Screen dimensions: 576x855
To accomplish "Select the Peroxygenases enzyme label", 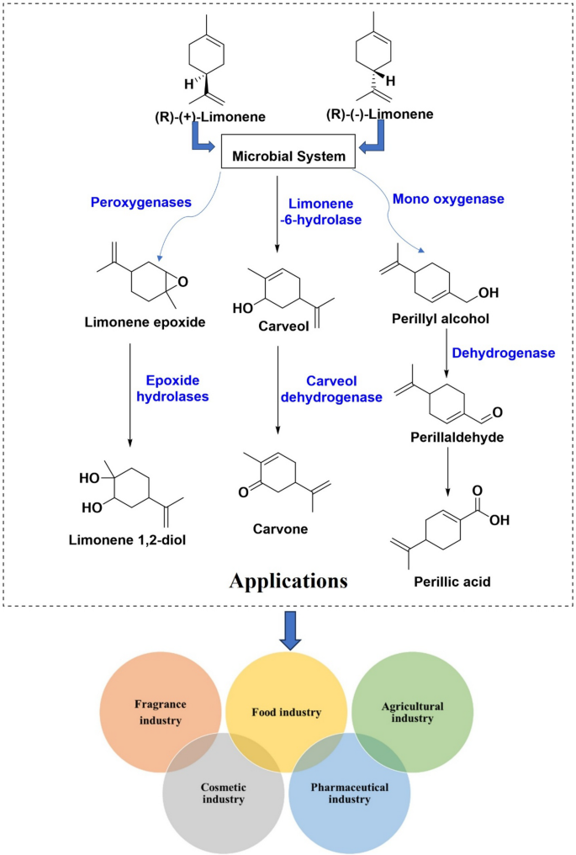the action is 141,202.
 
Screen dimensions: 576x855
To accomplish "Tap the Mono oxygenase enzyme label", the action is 448,199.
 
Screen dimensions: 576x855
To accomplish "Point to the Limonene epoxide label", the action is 145,322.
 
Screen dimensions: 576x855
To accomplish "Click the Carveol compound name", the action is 283,326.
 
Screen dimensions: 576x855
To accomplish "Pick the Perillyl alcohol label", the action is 441,318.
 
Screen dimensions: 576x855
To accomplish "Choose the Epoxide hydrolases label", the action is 172,388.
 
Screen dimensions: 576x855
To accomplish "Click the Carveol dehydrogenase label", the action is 331,389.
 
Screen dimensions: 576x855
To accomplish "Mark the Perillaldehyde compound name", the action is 457,438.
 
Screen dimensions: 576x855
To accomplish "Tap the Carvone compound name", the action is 280,529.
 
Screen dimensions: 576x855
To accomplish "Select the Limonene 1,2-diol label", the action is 127,540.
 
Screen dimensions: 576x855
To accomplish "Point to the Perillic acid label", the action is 452,582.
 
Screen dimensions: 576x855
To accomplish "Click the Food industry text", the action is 287,712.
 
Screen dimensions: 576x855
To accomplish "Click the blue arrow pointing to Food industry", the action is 290,630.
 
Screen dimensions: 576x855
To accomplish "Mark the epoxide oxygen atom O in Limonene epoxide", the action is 183,282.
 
